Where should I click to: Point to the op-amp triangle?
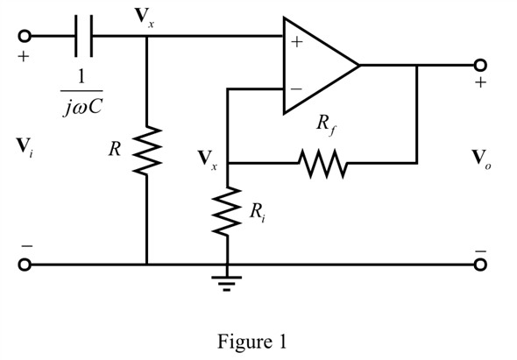pos(319,65)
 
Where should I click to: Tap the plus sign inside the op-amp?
pos(295,44)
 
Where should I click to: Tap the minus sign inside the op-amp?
pos(295,88)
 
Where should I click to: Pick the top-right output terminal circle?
pos(479,65)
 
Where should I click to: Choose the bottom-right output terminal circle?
pos(479,264)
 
